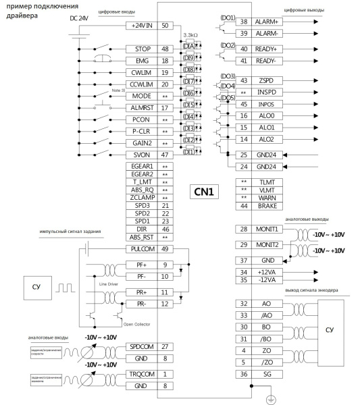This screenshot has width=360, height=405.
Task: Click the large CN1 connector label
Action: (204, 192)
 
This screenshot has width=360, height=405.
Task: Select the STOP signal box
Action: (143, 49)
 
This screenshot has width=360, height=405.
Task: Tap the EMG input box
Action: (143, 60)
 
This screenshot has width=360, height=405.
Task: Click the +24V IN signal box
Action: (142, 26)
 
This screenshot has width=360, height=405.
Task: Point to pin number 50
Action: (165, 26)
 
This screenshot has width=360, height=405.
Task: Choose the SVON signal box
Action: (143, 155)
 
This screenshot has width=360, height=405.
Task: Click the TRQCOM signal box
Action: (143, 374)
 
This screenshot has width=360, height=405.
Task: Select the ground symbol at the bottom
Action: (270, 398)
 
